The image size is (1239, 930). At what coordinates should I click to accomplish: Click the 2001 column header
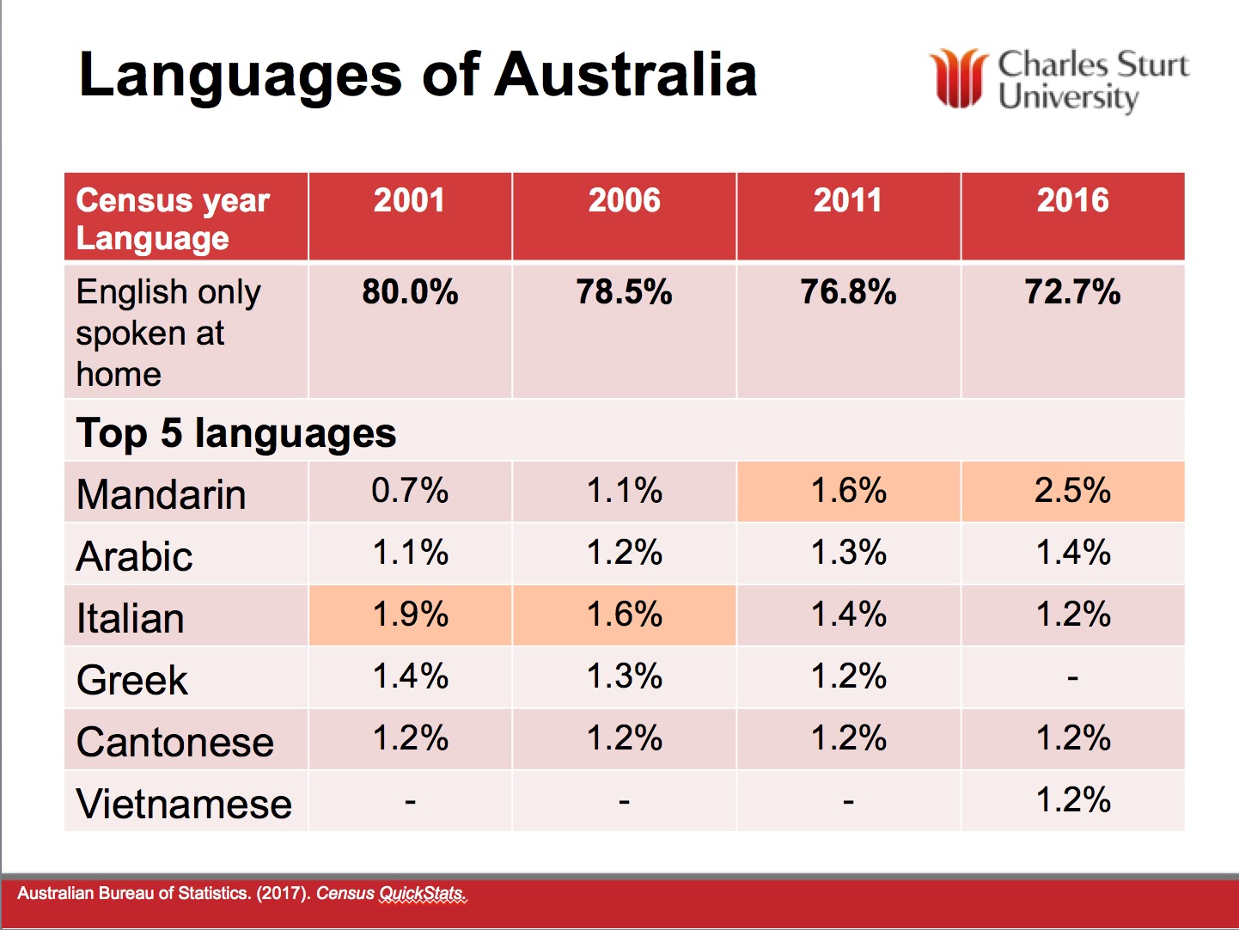click(409, 201)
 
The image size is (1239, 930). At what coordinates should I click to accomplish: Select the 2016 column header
click(1072, 201)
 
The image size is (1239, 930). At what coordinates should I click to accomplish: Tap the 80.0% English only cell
click(410, 292)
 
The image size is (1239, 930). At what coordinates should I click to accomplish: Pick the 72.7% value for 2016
click(1072, 292)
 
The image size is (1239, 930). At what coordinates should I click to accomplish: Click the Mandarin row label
click(162, 494)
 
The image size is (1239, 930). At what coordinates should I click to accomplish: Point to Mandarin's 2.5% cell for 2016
click(1072, 491)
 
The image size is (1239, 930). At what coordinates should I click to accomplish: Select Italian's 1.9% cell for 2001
click(410, 615)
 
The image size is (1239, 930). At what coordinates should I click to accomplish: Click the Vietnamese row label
click(184, 804)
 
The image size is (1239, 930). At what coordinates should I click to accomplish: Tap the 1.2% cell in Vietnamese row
click(1072, 800)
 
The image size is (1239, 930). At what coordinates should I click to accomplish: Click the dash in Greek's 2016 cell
click(1072, 678)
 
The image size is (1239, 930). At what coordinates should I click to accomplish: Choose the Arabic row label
click(134, 556)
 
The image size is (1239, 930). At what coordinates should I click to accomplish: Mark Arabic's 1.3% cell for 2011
click(848, 553)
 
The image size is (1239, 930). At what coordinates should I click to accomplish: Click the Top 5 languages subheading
click(236, 432)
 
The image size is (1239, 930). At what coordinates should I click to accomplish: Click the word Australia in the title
click(626, 75)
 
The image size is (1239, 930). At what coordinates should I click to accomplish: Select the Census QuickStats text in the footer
click(391, 894)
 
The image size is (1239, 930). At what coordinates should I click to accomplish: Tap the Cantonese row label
click(174, 742)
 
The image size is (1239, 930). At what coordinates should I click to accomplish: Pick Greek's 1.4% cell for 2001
click(410, 676)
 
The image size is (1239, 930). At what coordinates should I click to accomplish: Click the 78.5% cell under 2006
click(624, 292)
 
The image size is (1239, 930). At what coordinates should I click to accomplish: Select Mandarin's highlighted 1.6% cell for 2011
click(848, 491)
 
